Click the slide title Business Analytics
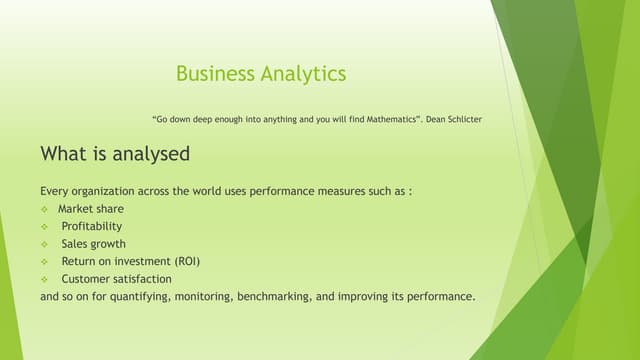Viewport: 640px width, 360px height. (x=261, y=73)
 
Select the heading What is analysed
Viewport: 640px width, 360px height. (x=115, y=154)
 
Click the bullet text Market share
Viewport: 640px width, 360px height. (x=91, y=209)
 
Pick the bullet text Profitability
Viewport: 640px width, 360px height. (x=91, y=226)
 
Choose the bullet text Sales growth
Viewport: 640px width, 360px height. (x=93, y=243)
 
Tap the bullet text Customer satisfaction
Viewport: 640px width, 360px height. (x=116, y=279)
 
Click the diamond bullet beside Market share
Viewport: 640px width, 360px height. (x=45, y=209)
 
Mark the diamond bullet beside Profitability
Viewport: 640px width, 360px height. (x=45, y=227)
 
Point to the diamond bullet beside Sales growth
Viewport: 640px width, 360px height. (x=45, y=244)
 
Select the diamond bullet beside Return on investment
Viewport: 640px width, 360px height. (x=45, y=262)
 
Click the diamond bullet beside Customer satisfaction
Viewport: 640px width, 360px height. (x=45, y=279)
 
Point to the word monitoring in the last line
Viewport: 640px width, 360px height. (x=200, y=297)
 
